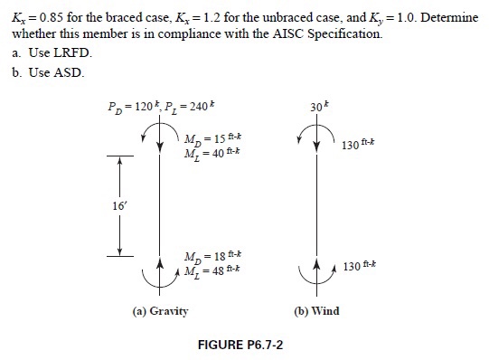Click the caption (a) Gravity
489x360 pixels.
tap(161, 311)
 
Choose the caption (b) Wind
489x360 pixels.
tap(317, 311)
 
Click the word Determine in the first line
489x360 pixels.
tap(447, 18)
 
